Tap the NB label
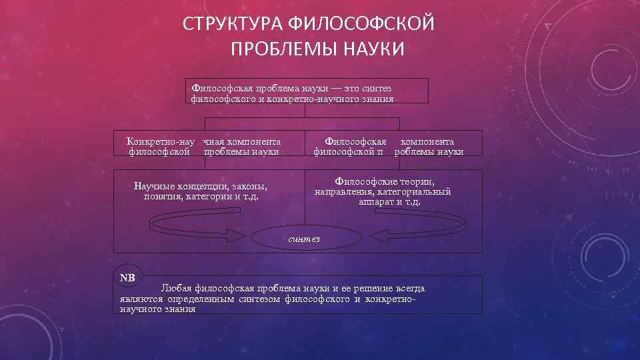point(127,277)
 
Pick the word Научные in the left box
point(154,186)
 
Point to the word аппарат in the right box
point(376,201)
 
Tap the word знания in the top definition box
point(376,99)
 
